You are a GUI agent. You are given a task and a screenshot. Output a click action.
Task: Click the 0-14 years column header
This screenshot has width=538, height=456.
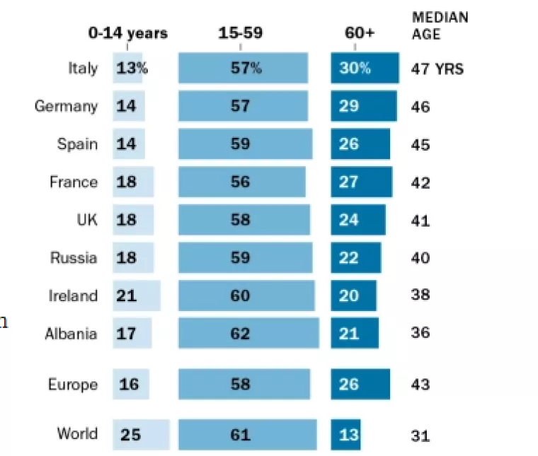pyautogui.click(x=127, y=33)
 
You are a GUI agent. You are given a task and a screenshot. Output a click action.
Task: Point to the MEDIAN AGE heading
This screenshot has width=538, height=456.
pyautogui.click(x=440, y=25)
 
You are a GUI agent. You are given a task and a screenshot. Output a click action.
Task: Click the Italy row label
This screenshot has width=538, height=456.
pyautogui.click(x=83, y=69)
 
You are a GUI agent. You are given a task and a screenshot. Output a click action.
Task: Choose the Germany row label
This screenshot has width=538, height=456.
pyautogui.click(x=66, y=107)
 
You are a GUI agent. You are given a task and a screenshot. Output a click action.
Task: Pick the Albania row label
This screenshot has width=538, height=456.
pyautogui.click(x=71, y=333)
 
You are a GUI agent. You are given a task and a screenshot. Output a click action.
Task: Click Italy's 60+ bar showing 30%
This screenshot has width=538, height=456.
pyautogui.click(x=365, y=69)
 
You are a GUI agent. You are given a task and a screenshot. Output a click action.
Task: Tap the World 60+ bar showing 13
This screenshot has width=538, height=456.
pyautogui.click(x=346, y=434)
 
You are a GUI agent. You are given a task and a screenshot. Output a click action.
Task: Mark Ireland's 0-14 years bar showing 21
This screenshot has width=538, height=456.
pyautogui.click(x=137, y=296)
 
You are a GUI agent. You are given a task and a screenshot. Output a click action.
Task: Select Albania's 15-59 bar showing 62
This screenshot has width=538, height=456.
pyautogui.click(x=248, y=333)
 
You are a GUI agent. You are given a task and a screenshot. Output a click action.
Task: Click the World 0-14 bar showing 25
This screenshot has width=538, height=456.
pyautogui.click(x=142, y=434)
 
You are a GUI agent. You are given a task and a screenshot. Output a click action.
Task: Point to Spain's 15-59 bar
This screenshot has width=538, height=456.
pyautogui.click(x=245, y=144)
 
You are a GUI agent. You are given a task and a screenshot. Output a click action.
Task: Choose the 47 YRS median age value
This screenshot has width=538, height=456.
pyautogui.click(x=437, y=69)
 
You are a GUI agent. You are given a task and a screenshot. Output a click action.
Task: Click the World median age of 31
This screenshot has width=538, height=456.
pyautogui.click(x=420, y=436)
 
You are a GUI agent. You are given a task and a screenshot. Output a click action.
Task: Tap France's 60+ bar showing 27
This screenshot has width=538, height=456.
pyautogui.click(x=361, y=182)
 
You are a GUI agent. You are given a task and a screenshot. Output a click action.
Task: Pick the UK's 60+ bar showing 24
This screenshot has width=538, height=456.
pyautogui.click(x=358, y=220)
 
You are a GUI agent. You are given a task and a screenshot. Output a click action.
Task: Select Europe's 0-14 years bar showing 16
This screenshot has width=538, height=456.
pyautogui.click(x=131, y=385)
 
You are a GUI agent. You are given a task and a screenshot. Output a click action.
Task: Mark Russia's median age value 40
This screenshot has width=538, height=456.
pyautogui.click(x=420, y=258)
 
